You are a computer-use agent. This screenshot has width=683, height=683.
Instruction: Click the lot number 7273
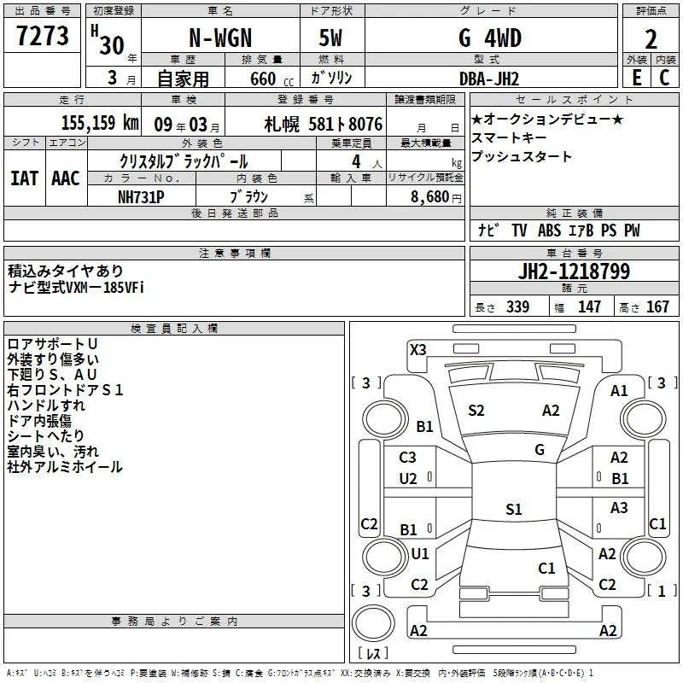[x=43, y=36]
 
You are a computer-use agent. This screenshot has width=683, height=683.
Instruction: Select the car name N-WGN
[x=220, y=38]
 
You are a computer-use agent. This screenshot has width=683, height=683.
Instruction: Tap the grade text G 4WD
[x=490, y=38]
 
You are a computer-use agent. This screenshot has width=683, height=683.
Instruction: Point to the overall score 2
[x=651, y=39]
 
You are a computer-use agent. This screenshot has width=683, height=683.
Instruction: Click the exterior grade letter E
[x=637, y=78]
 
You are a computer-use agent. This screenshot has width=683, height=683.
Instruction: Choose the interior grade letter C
[x=664, y=78]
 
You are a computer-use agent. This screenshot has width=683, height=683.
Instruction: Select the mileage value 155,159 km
[x=100, y=123]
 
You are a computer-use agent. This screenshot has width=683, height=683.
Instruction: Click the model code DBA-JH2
[x=489, y=79]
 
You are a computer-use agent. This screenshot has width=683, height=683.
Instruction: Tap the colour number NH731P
[x=141, y=197]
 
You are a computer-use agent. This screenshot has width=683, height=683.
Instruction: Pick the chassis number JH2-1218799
[x=574, y=271]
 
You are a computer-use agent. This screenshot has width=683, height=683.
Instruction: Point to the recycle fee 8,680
[x=430, y=197]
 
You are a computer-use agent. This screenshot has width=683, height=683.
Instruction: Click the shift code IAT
[x=24, y=178]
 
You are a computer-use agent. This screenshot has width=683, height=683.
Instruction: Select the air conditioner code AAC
[x=66, y=178]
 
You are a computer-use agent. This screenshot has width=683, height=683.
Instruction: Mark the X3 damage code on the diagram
[x=417, y=350]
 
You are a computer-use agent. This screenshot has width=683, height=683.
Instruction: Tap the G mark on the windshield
[x=540, y=450]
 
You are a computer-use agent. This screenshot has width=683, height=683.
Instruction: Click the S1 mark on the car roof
[x=514, y=509]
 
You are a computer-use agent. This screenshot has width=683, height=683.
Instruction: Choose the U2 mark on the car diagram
[x=408, y=479]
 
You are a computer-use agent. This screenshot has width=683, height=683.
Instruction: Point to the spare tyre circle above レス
[x=373, y=623]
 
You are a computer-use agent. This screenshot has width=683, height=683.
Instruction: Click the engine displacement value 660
[x=263, y=79]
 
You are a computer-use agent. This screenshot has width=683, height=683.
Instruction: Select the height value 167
[x=657, y=306]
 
